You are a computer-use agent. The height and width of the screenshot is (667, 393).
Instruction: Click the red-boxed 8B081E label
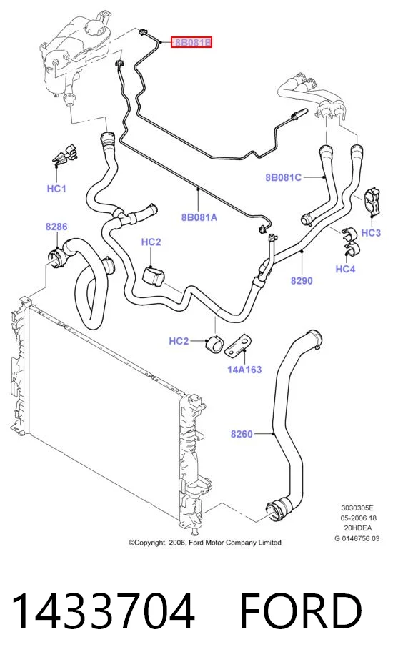click(191, 42)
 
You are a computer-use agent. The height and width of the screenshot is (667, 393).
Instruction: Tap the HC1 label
click(56, 188)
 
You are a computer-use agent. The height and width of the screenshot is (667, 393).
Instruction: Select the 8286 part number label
click(56, 227)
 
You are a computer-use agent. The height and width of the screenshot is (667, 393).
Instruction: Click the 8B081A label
click(199, 217)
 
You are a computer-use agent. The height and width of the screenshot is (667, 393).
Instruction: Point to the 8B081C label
click(283, 177)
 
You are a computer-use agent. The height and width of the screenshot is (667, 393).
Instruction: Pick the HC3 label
click(371, 232)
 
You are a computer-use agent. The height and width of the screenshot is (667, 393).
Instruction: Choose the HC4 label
click(345, 269)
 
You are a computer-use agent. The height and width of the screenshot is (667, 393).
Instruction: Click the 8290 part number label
click(302, 281)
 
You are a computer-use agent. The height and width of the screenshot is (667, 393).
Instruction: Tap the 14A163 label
click(244, 369)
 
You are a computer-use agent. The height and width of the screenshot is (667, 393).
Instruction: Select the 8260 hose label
click(242, 434)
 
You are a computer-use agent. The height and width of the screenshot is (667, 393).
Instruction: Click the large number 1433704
click(104, 611)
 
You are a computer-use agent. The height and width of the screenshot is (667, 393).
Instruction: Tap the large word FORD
click(301, 611)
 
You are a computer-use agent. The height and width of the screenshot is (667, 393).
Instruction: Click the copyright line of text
click(205, 543)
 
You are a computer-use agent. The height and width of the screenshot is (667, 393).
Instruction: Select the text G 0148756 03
click(357, 538)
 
